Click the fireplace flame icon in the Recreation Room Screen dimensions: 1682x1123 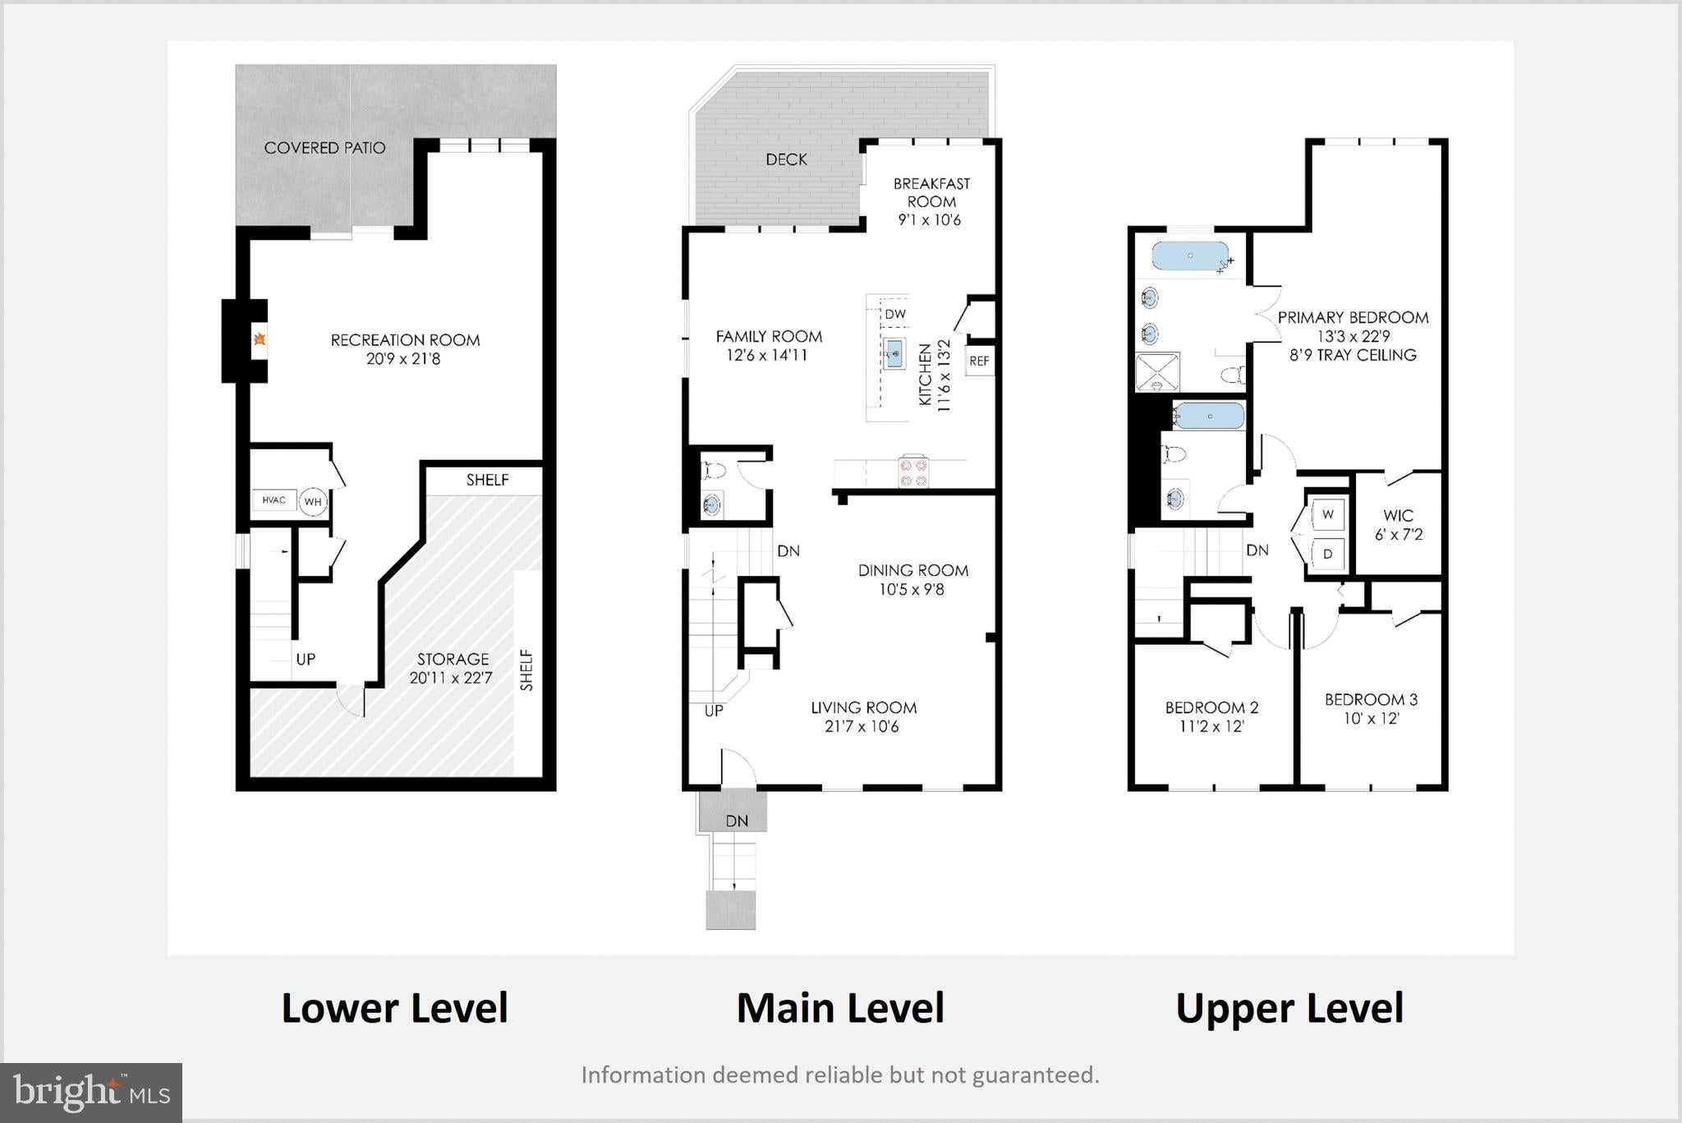260,339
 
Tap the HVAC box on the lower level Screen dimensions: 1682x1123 274,500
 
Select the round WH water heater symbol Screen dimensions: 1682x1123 313,502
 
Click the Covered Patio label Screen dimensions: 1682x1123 324,148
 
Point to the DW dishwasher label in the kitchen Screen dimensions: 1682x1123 895,314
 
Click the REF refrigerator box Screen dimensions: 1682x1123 980,361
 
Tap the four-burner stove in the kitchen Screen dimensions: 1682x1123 913,472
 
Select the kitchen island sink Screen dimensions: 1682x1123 895,354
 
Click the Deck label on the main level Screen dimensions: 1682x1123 786,159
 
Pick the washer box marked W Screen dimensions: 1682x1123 1328,514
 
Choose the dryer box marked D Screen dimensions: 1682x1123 1328,555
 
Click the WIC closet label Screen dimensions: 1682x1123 1399,516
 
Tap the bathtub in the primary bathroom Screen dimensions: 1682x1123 1190,255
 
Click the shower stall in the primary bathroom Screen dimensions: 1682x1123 1157,371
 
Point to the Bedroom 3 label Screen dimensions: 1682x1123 1371,700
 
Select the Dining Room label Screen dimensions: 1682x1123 913,570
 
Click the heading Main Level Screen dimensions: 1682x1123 840,1008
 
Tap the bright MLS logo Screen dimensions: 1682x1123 91,1092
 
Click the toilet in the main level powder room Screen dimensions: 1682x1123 710,471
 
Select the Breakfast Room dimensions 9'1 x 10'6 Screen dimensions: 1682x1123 930,220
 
